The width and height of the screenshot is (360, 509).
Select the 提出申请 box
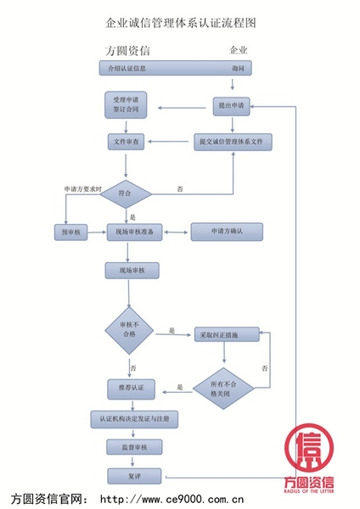click(x=231, y=106)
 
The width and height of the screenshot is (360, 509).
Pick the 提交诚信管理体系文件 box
click(x=233, y=142)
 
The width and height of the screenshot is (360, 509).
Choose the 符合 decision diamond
click(x=126, y=193)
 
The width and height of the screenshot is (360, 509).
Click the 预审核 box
click(x=70, y=231)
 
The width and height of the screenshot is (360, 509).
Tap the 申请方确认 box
click(x=227, y=231)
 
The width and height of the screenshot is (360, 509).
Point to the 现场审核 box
click(x=132, y=271)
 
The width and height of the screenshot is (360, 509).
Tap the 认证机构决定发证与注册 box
click(x=134, y=419)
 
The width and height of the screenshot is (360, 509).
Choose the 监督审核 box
click(x=134, y=447)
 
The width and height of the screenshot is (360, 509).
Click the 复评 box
click(x=134, y=476)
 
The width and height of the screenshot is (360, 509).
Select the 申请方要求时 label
click(x=83, y=188)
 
